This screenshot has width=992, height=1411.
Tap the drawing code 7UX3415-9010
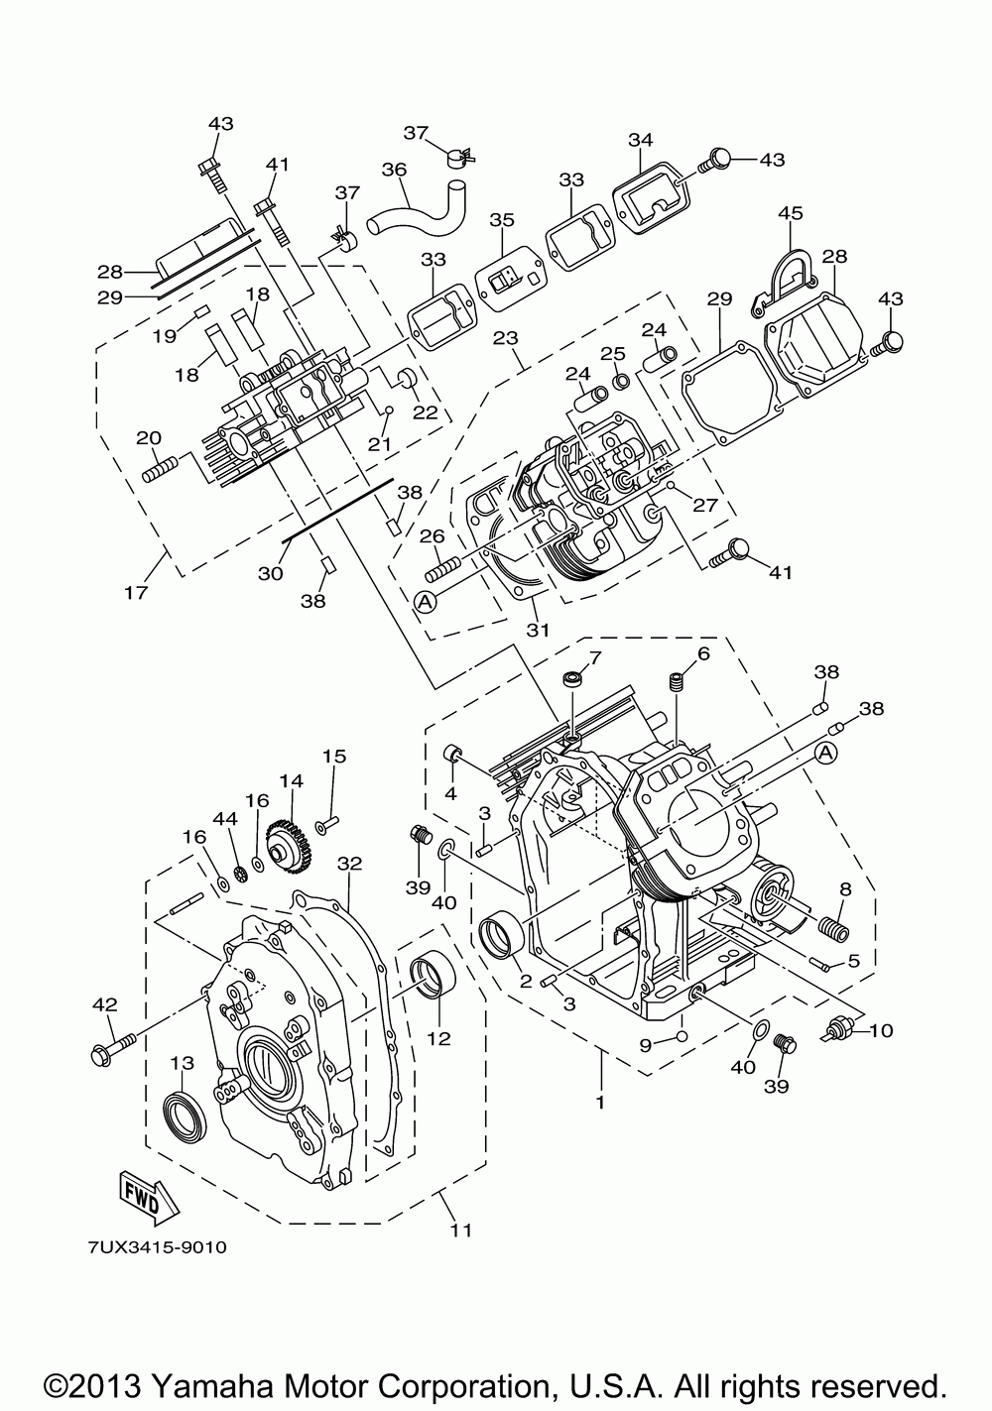[x=157, y=1247]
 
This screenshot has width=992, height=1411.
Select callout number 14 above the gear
[x=292, y=781]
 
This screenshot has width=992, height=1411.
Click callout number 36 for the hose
[x=395, y=170]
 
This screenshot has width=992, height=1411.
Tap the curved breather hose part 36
[x=418, y=208]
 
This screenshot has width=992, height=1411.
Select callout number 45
[x=791, y=213]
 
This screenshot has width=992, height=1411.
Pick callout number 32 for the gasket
[x=350, y=863]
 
